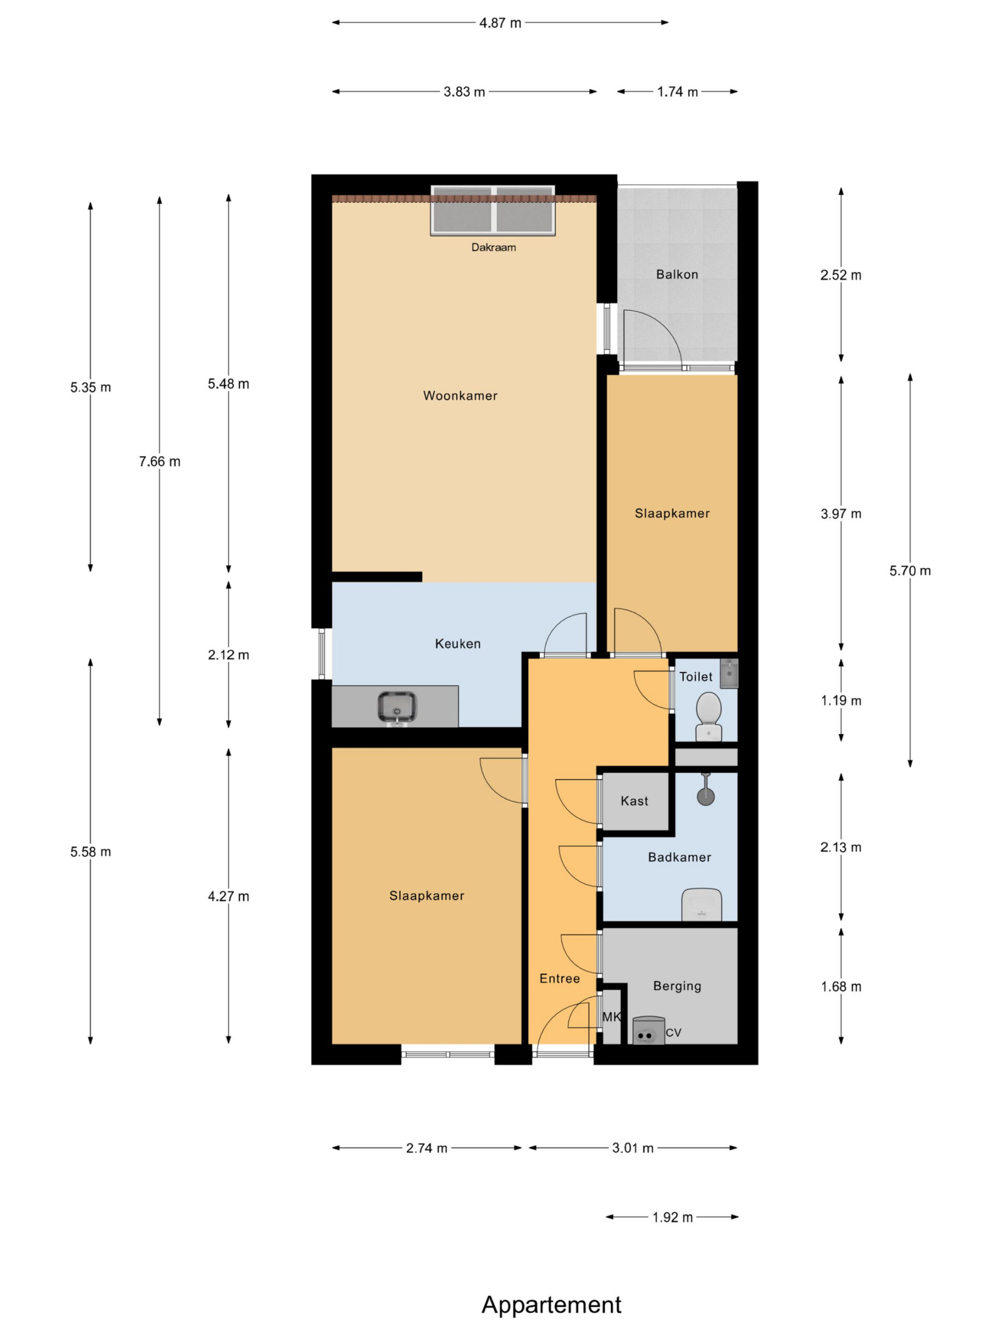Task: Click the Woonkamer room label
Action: coord(460,396)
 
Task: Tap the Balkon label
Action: coord(677,275)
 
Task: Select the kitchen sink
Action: coord(397,707)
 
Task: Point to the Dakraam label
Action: coord(494,248)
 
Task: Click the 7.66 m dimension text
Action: coord(160,462)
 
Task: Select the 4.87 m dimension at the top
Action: coord(500,23)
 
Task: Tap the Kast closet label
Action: coord(634,801)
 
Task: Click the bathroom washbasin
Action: coord(701,904)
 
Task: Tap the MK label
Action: coord(611,1017)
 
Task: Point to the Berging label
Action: coord(677,986)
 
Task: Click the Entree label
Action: coord(559,979)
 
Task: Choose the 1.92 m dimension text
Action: coord(672,1217)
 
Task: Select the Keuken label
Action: coord(457,644)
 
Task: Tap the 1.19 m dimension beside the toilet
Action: coord(840,701)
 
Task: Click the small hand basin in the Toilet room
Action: coord(729,673)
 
